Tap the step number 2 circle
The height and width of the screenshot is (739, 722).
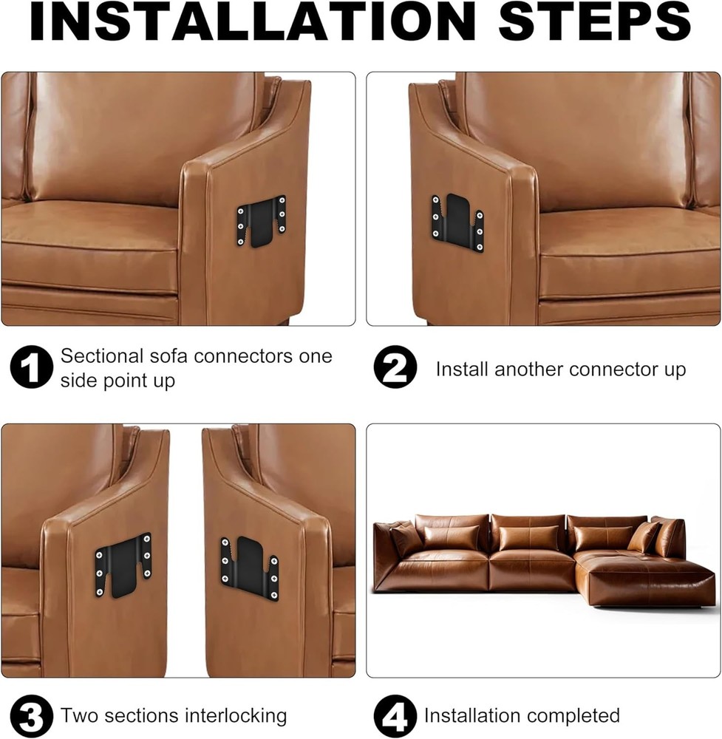(395, 367)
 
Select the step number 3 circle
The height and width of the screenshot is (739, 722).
(31, 715)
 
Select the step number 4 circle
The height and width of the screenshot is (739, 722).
(395, 715)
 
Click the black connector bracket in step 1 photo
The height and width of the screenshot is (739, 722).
(260, 221)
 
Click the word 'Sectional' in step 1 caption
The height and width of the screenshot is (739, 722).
(101, 356)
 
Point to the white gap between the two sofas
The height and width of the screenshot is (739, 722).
(185, 591)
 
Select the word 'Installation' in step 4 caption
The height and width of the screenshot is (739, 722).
(469, 715)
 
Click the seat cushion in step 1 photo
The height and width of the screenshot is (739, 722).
(89, 236)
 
